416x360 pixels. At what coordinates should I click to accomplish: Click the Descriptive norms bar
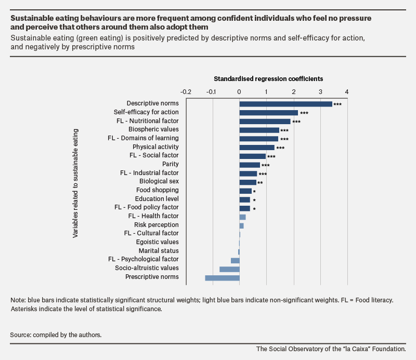coord(285,104)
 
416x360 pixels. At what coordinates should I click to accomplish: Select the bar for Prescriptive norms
coord(223,278)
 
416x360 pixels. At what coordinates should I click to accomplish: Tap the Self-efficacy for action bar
coord(269,113)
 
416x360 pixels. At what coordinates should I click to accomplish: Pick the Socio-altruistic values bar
coord(229,269)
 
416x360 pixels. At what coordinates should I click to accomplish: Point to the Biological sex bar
coord(248,182)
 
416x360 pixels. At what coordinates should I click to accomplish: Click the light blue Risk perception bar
coord(242,226)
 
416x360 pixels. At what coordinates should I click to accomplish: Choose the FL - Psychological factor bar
coord(236,261)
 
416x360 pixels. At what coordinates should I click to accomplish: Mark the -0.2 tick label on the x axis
coord(186,92)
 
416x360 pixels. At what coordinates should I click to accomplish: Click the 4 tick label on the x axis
coord(347,92)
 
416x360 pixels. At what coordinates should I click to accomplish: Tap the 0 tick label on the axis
coord(239,92)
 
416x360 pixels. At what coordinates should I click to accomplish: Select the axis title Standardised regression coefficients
coord(268,79)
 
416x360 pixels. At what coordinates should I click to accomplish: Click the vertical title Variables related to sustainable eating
coord(75,183)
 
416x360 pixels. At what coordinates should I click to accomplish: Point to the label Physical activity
coord(155,147)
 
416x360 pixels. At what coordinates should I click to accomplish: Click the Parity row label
coord(171,164)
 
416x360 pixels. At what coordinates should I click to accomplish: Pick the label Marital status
coord(159,251)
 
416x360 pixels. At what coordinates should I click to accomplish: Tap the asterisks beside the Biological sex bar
coord(260,183)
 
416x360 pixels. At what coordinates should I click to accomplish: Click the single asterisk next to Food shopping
coord(254,191)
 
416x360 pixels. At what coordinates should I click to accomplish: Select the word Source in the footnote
coord(21,335)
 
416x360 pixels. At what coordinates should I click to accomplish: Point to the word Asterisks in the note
coord(24,309)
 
